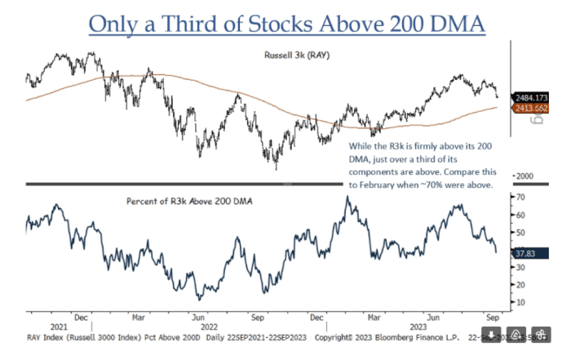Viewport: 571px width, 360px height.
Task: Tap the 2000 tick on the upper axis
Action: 524,176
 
